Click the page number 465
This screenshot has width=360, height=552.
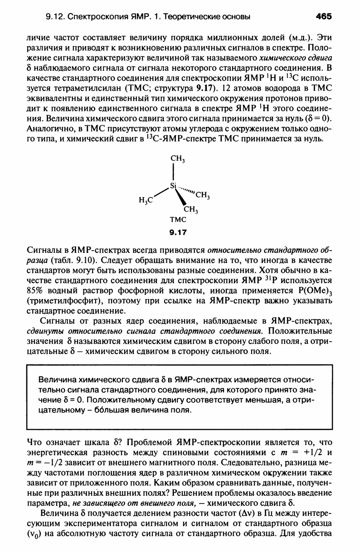(324, 16)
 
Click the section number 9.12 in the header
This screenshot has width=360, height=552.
(55, 17)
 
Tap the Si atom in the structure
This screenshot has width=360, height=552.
(173, 185)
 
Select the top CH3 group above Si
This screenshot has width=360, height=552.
(176, 158)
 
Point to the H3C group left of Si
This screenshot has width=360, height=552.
(146, 199)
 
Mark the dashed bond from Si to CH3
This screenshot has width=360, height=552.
(186, 190)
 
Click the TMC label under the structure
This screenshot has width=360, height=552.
(178, 220)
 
